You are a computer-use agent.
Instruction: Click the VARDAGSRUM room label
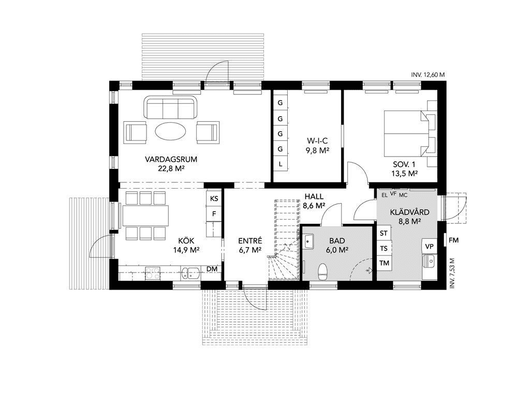tap(171, 159)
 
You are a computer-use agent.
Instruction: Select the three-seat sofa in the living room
tap(171, 107)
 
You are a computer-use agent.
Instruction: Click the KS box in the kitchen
tap(214, 198)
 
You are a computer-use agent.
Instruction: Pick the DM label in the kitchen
tap(212, 269)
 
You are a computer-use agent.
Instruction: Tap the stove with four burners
tap(153, 273)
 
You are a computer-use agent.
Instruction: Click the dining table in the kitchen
tap(145, 216)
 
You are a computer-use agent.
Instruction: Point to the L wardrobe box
tap(280, 164)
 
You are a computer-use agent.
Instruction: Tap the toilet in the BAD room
tap(323, 272)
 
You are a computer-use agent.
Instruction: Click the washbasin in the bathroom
tap(308, 242)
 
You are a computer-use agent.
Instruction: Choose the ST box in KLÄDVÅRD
tap(384, 233)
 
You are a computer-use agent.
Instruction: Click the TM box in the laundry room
tap(384, 263)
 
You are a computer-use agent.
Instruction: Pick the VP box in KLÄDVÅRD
tap(429, 246)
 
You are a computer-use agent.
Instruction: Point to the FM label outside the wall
tap(453, 240)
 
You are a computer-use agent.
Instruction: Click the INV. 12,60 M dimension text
tap(428, 75)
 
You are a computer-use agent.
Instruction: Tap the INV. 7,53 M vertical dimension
tap(452, 273)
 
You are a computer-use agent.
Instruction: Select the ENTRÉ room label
tap(250, 241)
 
